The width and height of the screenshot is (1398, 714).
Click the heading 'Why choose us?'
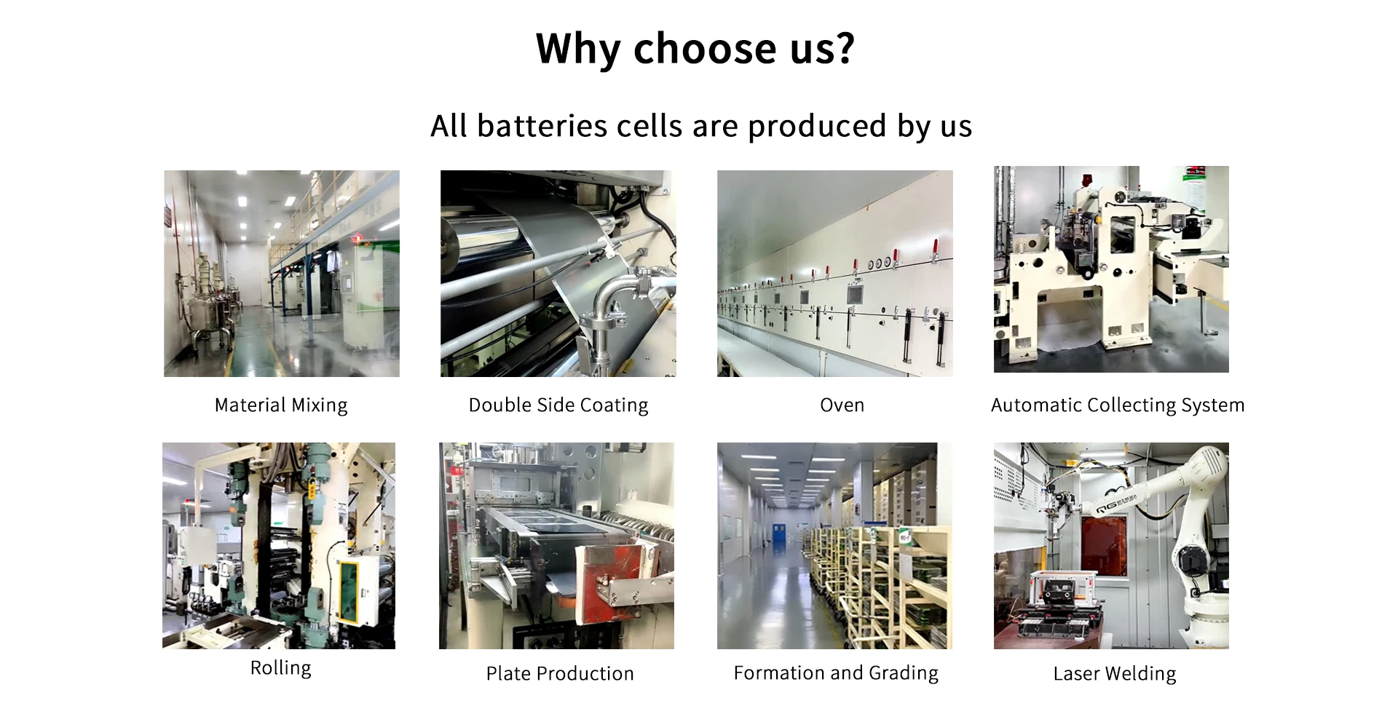[695, 49]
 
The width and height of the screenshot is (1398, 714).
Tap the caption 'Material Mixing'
[281, 405]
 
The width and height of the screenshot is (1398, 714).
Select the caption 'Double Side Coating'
[558, 405]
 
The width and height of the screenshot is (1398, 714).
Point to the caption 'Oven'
[842, 405]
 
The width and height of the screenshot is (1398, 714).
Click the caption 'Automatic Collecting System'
[1118, 405]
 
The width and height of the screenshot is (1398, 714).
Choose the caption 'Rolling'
[280, 667]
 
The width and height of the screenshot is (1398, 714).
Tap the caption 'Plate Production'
[560, 673]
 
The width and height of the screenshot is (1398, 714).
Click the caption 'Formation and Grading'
[836, 673]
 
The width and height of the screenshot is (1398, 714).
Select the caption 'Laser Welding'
[1114, 673]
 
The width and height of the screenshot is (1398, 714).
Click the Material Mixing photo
[281, 273]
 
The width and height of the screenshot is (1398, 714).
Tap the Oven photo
[834, 273]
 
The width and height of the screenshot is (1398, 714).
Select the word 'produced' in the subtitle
[818, 126]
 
